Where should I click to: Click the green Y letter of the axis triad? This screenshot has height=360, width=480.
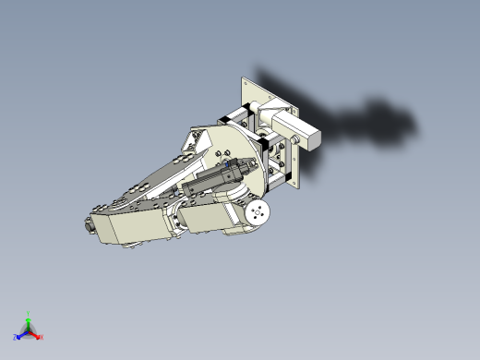point(29,314)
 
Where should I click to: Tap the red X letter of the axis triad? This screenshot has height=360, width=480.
point(42,337)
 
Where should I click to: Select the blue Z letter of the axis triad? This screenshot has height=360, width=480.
point(16,338)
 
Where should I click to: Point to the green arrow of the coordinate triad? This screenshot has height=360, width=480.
point(29,322)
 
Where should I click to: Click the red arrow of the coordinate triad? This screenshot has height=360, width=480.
point(35,333)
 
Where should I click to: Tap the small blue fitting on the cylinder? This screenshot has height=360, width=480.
point(228,164)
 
